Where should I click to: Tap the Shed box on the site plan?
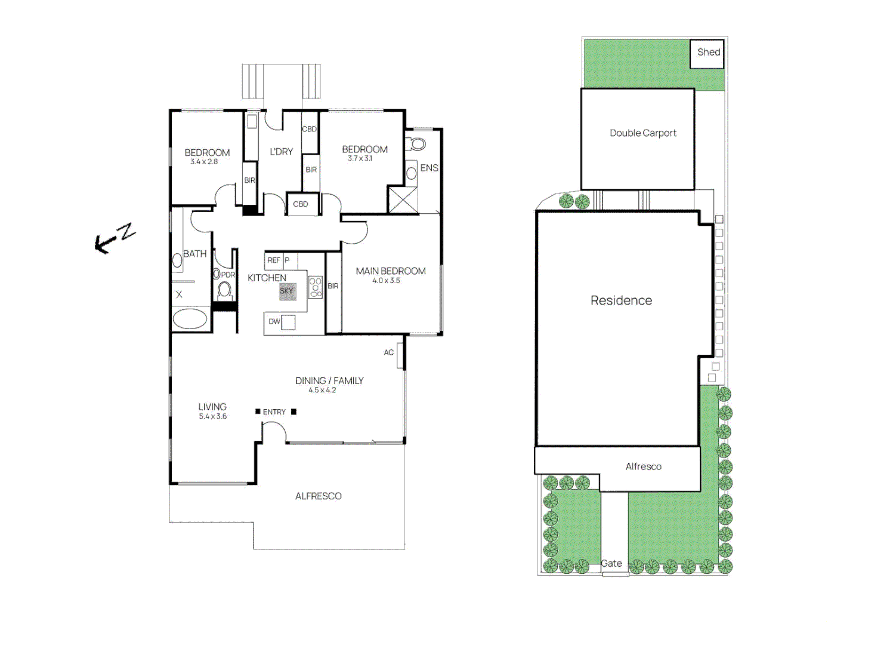coord(707,53)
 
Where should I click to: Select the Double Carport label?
coord(642,133)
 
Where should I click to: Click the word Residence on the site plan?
coord(621,300)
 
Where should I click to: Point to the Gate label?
coord(611,563)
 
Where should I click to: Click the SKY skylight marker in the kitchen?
coord(287,291)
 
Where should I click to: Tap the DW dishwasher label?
coord(274,321)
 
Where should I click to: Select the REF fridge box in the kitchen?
coord(273,260)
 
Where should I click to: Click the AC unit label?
coord(389,352)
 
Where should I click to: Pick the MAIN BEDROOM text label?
coord(391,271)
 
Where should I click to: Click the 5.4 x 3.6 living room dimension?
coord(213,416)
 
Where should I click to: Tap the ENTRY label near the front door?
coord(274,412)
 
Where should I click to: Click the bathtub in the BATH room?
coord(190,319)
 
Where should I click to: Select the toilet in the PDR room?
coord(224,290)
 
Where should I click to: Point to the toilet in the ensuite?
coord(418,144)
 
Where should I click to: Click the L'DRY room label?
coord(281,152)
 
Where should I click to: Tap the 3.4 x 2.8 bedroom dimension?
coord(204,162)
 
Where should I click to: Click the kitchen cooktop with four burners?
coord(316,287)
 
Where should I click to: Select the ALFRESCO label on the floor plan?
coord(318,496)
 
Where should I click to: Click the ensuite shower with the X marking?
coord(403,199)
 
